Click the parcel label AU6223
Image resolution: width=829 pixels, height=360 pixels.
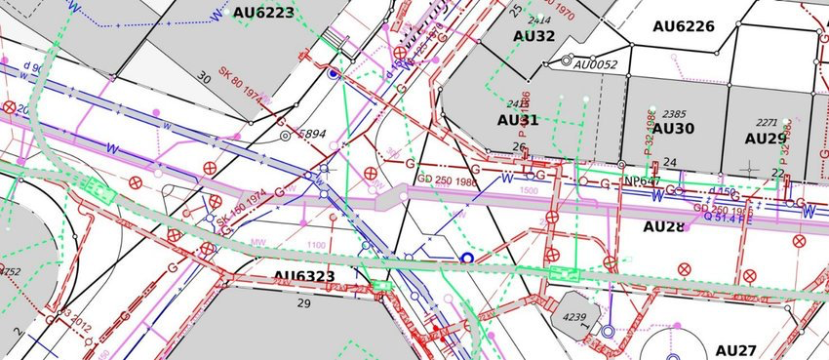pyautogui.click(x=263, y=13)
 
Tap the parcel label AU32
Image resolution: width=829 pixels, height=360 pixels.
pyautogui.click(x=533, y=36)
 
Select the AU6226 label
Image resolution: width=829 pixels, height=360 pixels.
pyautogui.click(x=684, y=26)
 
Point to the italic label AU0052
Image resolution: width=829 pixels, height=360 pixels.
pyautogui.click(x=596, y=64)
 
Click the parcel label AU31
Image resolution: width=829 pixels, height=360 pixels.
pyautogui.click(x=518, y=120)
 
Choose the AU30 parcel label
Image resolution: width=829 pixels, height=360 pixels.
pyautogui.click(x=673, y=129)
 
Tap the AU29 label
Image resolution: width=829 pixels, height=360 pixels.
pyautogui.click(x=766, y=139)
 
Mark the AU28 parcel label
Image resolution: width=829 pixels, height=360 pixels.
pyautogui.click(x=664, y=226)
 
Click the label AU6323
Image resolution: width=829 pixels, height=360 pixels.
pyautogui.click(x=304, y=277)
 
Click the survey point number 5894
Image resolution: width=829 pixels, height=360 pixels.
pyautogui.click(x=311, y=134)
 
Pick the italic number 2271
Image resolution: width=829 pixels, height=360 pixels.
pyautogui.click(x=767, y=123)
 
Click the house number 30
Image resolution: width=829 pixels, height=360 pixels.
pyautogui.click(x=204, y=77)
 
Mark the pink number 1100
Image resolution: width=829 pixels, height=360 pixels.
pyautogui.click(x=316, y=245)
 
